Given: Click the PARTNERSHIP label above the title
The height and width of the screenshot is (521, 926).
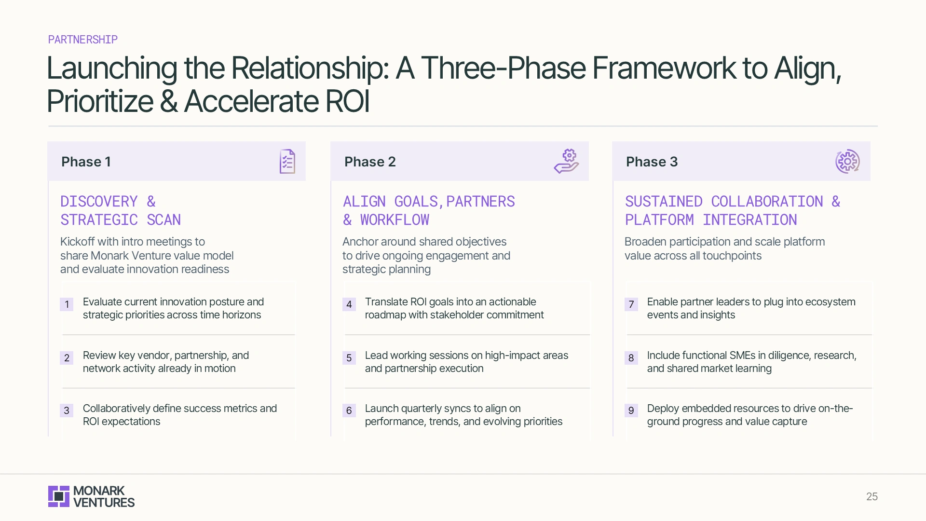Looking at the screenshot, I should point(82,40).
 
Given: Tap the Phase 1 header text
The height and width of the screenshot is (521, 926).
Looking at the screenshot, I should point(86,162).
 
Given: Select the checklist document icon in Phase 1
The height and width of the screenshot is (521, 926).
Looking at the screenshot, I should point(287,162).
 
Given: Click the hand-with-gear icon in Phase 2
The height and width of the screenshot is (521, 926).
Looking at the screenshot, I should point(566,161).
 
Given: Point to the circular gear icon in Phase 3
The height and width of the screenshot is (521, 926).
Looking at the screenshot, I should point(847,162).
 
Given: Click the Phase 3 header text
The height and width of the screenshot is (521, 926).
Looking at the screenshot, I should point(652,162).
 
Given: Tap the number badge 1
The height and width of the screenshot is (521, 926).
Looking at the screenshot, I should point(67,304).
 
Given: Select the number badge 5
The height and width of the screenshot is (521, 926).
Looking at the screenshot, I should point(349,358).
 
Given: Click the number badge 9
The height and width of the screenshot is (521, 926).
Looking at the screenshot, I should point(631,411).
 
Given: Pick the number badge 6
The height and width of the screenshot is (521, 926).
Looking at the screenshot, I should point(349,411).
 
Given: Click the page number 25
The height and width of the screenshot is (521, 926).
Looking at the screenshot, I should point(872,496).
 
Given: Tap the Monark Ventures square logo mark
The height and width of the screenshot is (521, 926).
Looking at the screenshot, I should point(59,496).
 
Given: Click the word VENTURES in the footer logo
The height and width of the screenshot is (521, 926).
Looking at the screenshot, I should point(104,503).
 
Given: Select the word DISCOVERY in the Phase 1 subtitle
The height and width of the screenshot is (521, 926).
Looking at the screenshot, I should point(99,201).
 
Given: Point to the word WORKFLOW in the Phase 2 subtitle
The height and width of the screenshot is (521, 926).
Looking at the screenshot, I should point(395,220).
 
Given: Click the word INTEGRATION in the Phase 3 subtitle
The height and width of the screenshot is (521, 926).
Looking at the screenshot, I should point(749,220).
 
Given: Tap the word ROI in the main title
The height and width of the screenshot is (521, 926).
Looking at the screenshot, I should point(347,101).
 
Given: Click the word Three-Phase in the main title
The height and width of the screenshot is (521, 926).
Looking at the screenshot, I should point(503,68).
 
